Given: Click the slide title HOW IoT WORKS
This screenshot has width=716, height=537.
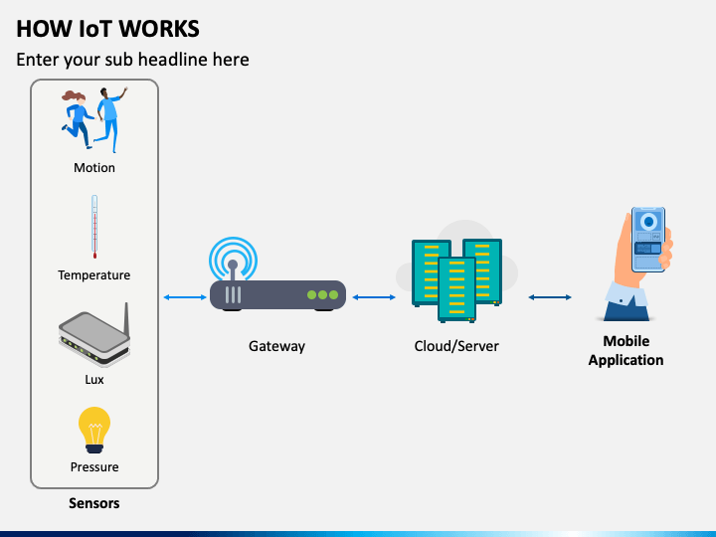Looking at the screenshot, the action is pyautogui.click(x=107, y=29).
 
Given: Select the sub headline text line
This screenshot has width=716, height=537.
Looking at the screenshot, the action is pyautogui.click(x=132, y=60).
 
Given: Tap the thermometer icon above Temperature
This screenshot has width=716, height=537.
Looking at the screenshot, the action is pyautogui.click(x=94, y=227).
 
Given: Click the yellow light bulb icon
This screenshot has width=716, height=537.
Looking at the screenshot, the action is pyautogui.click(x=94, y=430).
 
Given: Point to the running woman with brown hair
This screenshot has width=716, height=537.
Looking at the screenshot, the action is pyautogui.click(x=77, y=119).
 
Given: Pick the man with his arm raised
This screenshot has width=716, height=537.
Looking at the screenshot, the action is pyautogui.click(x=110, y=119).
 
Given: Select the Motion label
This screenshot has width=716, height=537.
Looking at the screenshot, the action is pyautogui.click(x=94, y=168).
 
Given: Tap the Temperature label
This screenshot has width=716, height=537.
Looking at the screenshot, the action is pyautogui.click(x=94, y=275).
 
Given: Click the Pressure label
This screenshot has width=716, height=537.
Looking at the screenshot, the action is pyautogui.click(x=94, y=466).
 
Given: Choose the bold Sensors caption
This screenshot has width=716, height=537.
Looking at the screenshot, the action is pyautogui.click(x=94, y=503).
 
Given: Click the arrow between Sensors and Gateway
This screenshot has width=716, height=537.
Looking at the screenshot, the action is pyautogui.click(x=185, y=297).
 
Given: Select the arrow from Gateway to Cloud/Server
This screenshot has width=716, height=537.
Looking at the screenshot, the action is pyautogui.click(x=374, y=297).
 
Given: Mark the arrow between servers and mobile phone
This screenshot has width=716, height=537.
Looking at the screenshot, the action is pyautogui.click(x=550, y=297).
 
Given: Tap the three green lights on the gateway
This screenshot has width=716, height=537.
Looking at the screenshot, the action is pyautogui.click(x=323, y=295).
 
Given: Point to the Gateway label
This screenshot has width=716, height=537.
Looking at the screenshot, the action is pyautogui.click(x=276, y=346).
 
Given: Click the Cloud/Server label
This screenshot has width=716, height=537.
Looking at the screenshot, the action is pyautogui.click(x=456, y=346).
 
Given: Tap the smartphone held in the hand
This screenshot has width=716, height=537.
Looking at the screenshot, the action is pyautogui.click(x=648, y=240).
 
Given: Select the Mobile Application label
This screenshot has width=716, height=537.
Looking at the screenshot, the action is pyautogui.click(x=626, y=351).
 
